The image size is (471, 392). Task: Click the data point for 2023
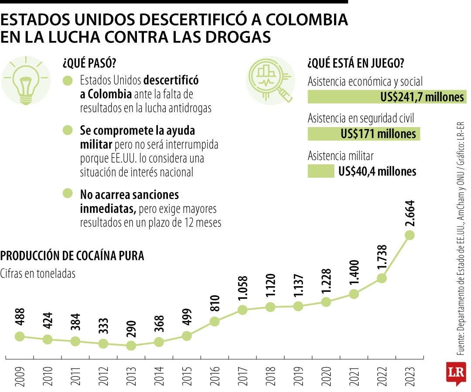[x=409, y=235]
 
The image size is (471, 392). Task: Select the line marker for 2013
[x=130, y=345]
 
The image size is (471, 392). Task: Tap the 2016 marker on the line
[x=214, y=321]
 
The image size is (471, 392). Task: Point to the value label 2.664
[x=409, y=213]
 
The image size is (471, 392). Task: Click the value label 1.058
[x=242, y=289]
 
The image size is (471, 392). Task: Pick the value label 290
[x=131, y=330]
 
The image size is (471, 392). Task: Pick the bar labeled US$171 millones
[x=364, y=134]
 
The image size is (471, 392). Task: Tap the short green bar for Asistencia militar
[x=321, y=171]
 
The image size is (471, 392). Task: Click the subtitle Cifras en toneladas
[x=38, y=274]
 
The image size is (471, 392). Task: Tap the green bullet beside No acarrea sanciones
[x=68, y=193]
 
